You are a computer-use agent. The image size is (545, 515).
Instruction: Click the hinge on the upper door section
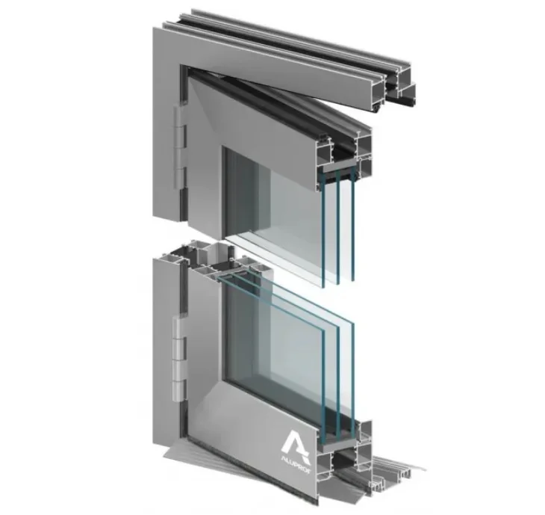pos(180,149)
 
